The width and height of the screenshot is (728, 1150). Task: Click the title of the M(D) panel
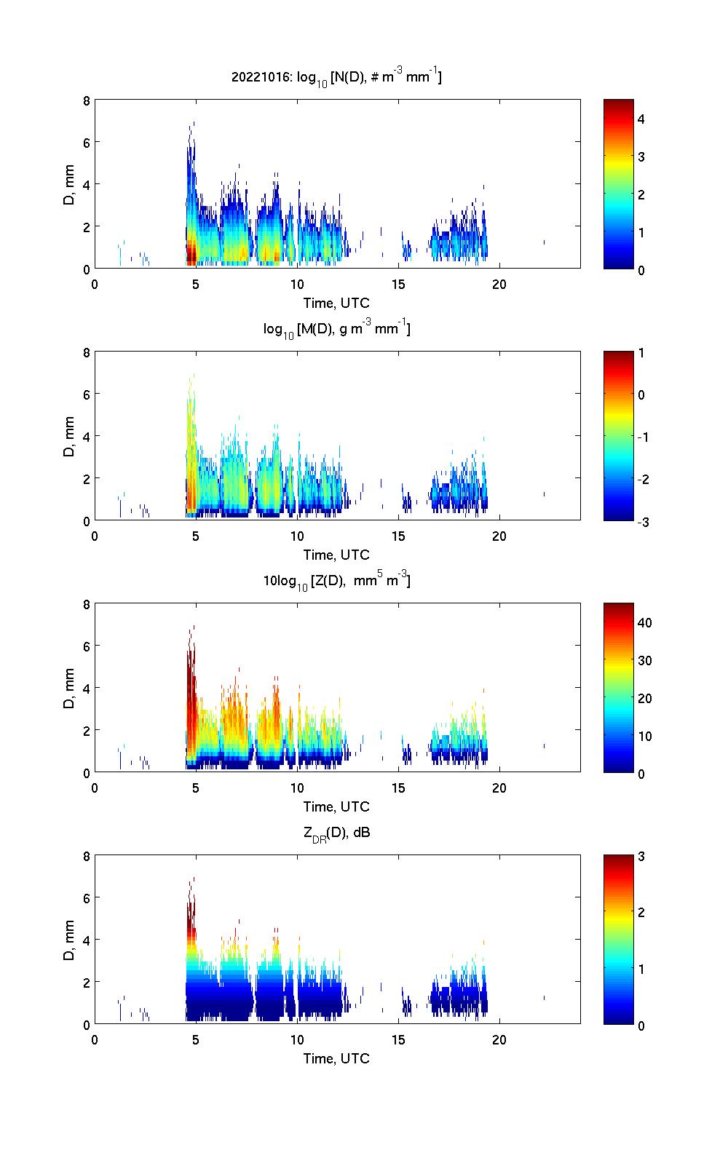click(x=336, y=329)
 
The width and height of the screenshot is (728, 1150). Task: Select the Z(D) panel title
click(x=336, y=581)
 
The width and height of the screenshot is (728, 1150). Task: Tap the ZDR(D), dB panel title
click(x=336, y=833)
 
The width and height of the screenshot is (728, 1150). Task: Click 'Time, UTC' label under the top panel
click(x=336, y=303)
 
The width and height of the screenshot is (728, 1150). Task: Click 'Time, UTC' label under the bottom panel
click(x=336, y=1058)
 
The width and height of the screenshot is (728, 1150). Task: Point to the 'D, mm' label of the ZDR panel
click(x=69, y=940)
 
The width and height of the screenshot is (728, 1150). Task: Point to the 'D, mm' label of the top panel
click(x=69, y=185)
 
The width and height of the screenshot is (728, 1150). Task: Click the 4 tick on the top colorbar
click(x=641, y=119)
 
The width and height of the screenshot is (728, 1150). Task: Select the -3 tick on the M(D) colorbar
click(x=641, y=522)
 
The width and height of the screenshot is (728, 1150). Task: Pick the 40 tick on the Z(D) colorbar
click(x=644, y=623)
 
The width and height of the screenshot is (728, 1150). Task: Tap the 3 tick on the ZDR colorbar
click(x=641, y=857)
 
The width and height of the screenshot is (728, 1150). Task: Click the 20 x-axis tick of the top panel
click(x=499, y=284)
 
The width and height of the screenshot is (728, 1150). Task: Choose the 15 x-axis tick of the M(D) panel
click(x=398, y=536)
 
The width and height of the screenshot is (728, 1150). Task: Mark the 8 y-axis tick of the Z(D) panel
click(x=86, y=604)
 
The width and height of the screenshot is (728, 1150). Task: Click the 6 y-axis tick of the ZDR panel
click(x=86, y=898)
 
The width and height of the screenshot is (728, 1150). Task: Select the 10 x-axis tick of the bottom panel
click(x=297, y=1039)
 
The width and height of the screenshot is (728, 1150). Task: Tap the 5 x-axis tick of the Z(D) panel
click(x=196, y=788)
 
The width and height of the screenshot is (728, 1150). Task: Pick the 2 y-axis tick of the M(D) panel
click(x=86, y=479)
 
